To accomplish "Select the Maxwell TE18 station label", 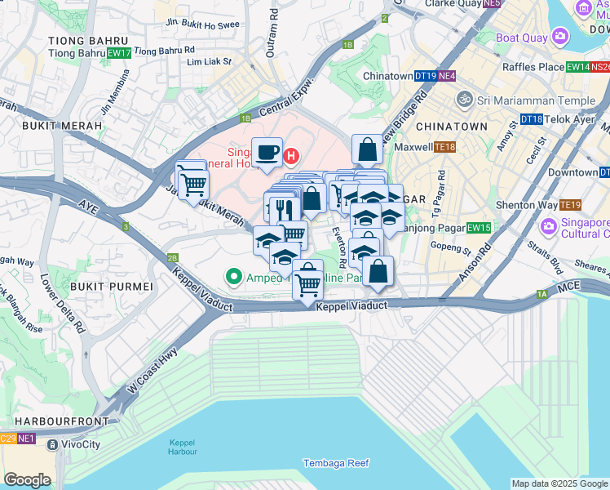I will click(424, 147).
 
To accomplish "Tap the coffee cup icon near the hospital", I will click(267, 152).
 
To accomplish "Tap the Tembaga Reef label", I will click(335, 463).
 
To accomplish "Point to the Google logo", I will click(27, 479).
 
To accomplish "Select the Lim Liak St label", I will click(210, 61).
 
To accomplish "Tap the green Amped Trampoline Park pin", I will click(234, 278).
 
